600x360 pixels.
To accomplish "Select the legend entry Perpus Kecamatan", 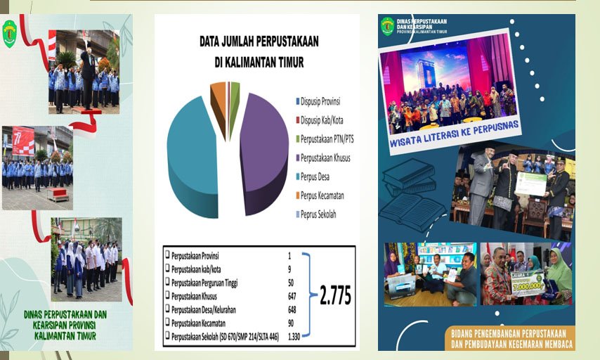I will pos(327,195).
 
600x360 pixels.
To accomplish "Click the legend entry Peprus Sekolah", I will pos(322,214).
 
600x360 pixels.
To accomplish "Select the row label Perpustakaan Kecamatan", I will pos(211,323).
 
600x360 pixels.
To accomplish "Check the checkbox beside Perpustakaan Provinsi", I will pos(167,255).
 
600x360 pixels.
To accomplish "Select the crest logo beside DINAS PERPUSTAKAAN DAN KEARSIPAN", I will pos(387,26).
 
